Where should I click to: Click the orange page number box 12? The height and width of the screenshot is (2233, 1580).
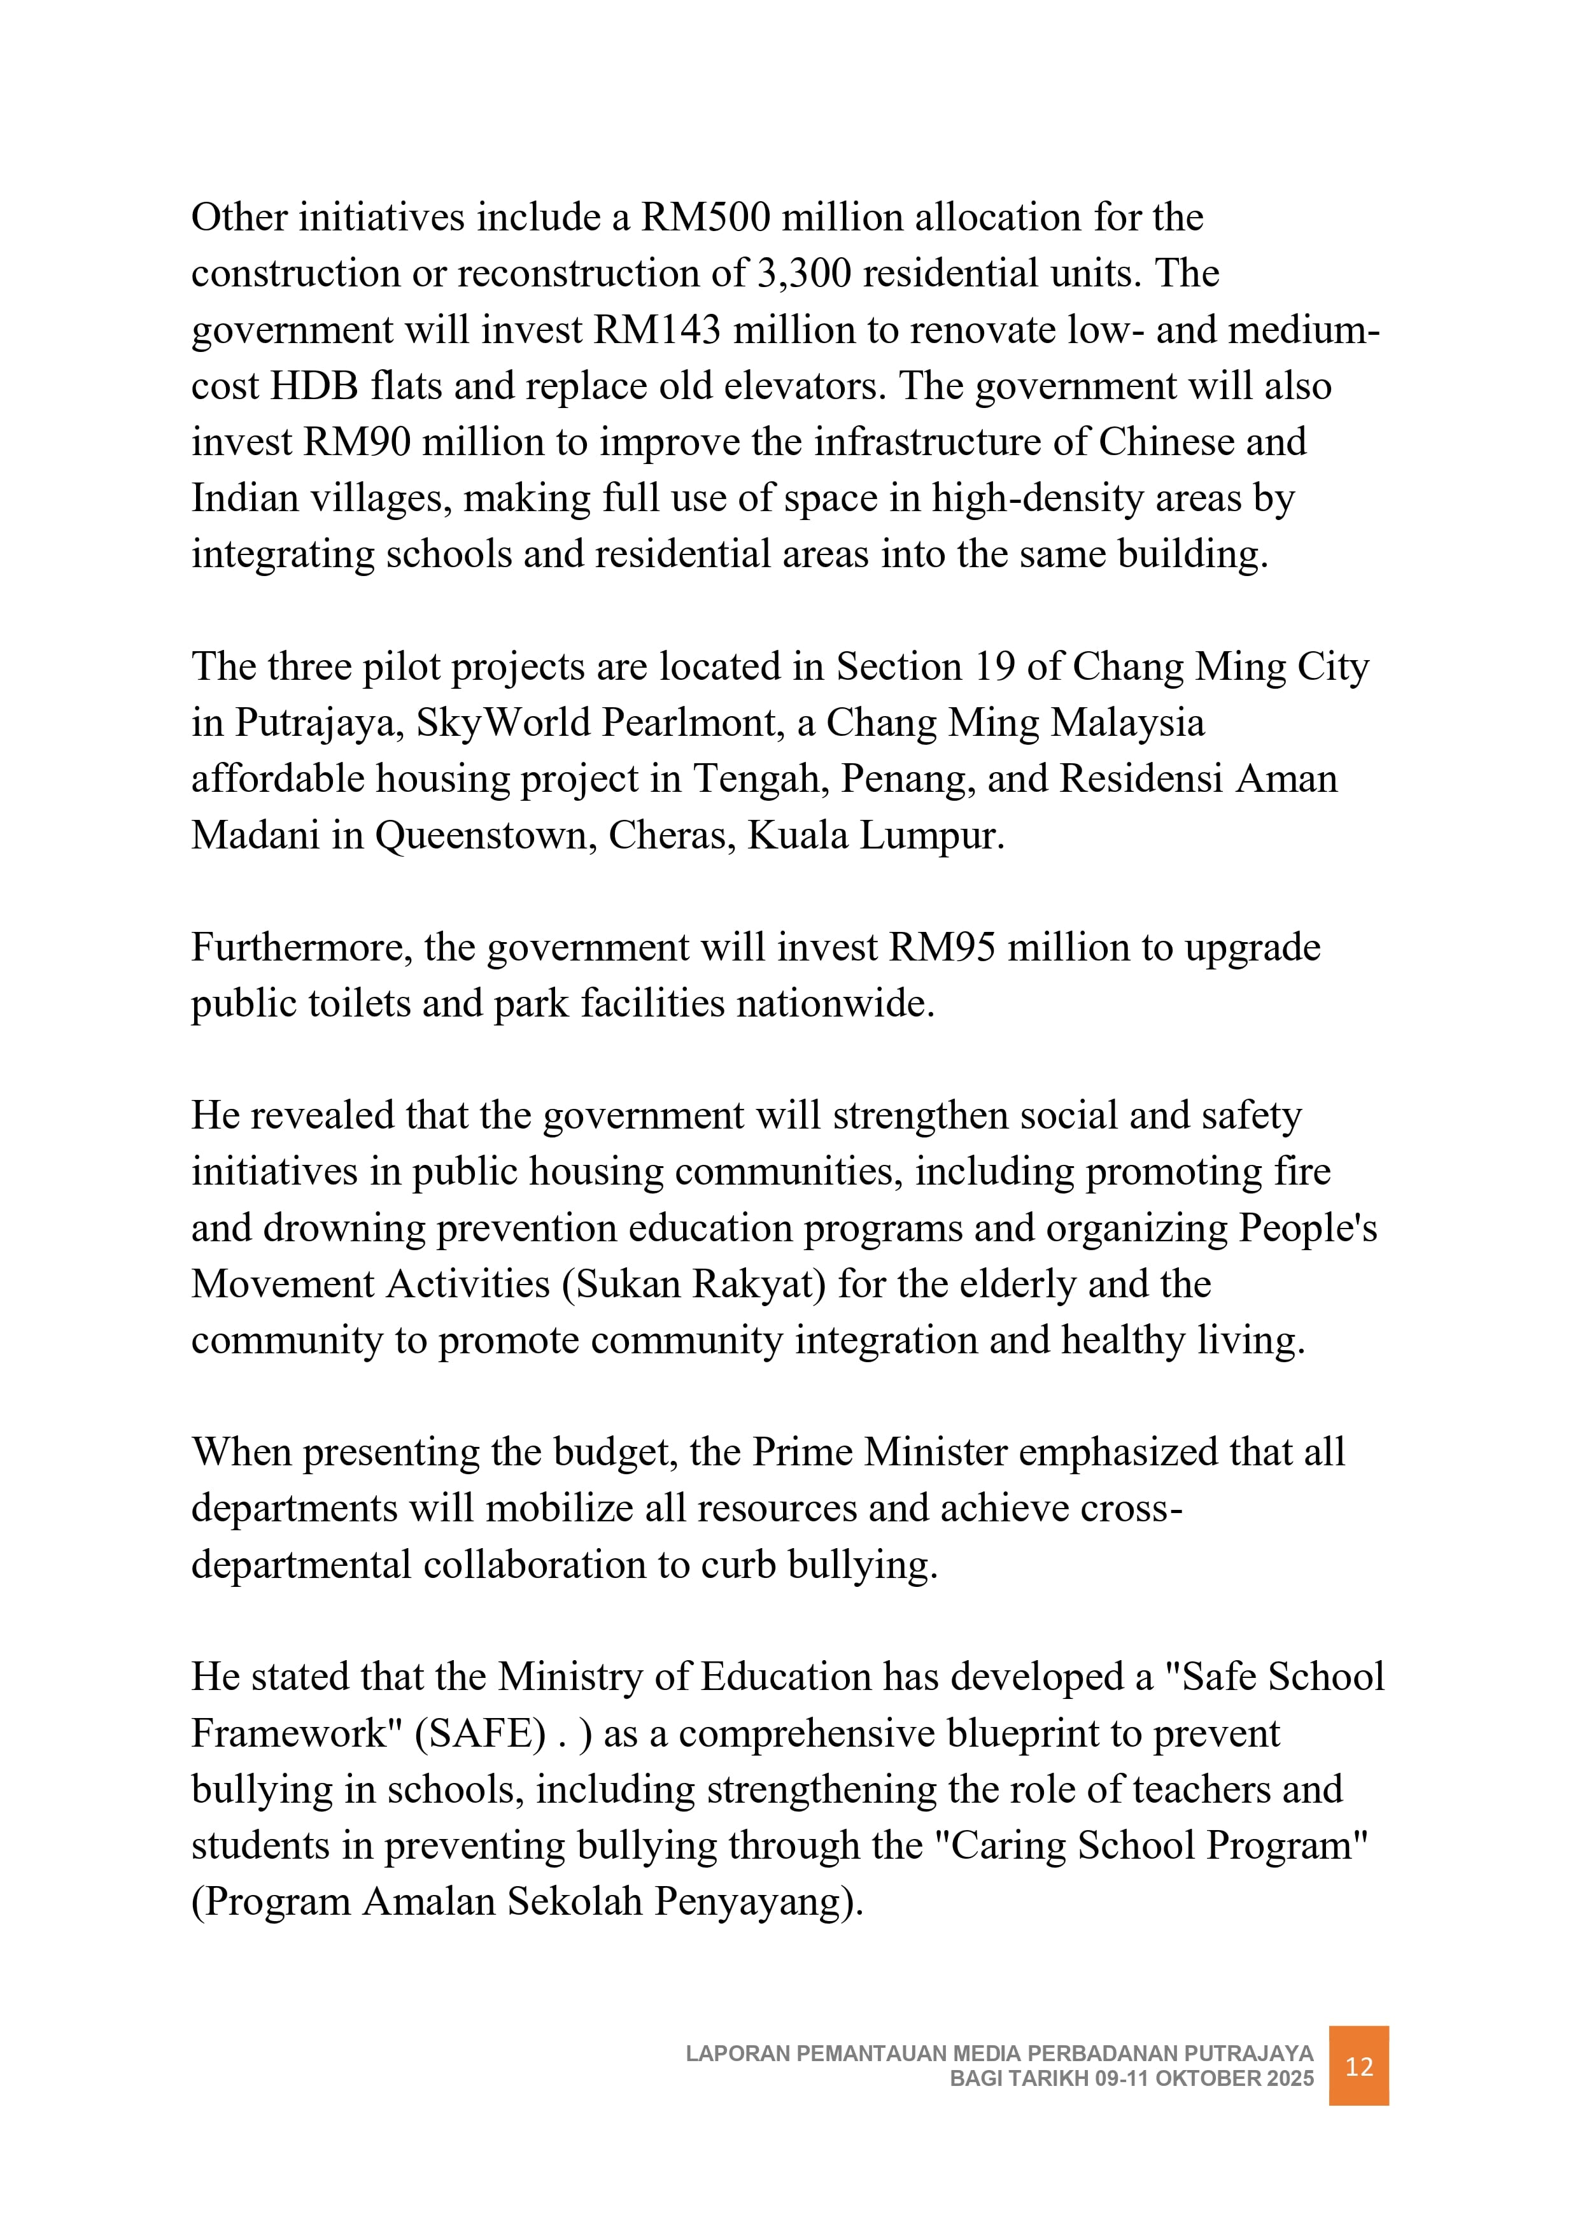point(1358,2066)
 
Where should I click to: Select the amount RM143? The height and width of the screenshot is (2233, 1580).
point(657,330)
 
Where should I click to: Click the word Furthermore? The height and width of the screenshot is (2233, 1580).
point(302,947)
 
